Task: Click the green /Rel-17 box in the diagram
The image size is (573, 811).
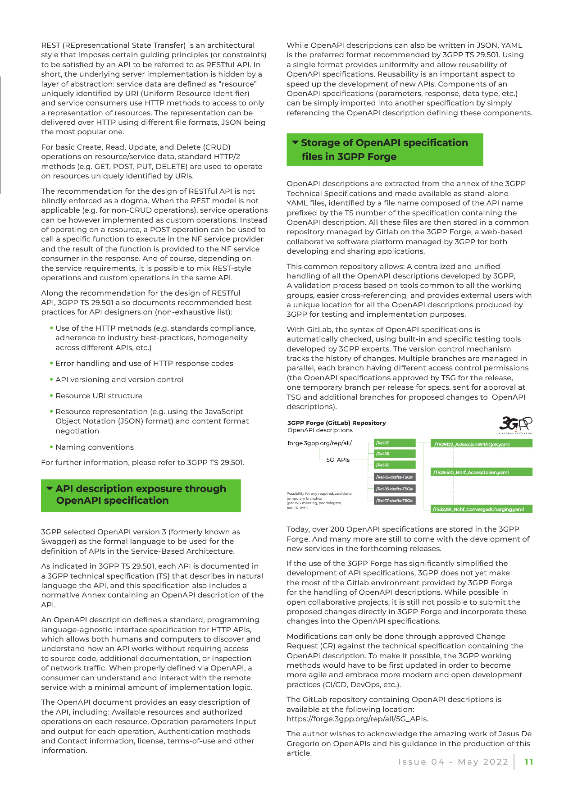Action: click(x=395, y=443)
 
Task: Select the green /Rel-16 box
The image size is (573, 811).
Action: click(x=395, y=454)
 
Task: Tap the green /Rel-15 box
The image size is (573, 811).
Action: click(x=395, y=465)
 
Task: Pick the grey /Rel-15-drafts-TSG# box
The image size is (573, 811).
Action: click(x=395, y=477)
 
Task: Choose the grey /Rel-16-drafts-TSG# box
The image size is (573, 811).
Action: click(x=395, y=489)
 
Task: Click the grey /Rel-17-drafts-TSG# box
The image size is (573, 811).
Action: click(x=395, y=501)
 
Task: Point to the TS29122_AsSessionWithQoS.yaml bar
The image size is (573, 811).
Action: click(x=481, y=444)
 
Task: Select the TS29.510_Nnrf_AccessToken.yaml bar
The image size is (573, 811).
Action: click(x=481, y=472)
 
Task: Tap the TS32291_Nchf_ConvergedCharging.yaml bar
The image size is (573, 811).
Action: click(x=481, y=509)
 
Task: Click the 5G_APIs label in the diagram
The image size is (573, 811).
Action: click(x=338, y=460)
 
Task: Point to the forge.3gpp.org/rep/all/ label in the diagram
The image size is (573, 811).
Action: click(x=319, y=443)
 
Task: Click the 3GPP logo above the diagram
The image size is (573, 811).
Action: click(x=515, y=425)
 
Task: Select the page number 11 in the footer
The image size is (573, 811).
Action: click(x=529, y=762)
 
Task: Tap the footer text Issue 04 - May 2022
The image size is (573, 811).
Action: click(x=453, y=762)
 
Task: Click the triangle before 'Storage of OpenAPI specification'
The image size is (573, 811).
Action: click(x=296, y=142)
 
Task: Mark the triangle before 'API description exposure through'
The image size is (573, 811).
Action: click(x=50, y=488)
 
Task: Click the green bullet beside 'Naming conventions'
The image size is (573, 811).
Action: click(x=52, y=447)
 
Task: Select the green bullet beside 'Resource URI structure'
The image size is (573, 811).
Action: click(x=52, y=396)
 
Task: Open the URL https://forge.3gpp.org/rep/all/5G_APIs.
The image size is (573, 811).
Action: click(x=357, y=719)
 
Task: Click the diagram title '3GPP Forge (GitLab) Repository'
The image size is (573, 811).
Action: click(x=337, y=423)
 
